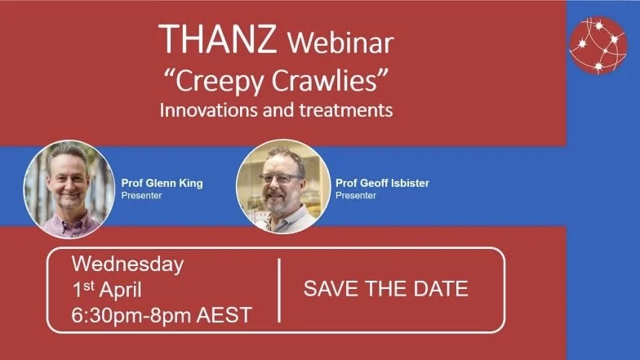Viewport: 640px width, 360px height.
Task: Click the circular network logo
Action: coord(598,46)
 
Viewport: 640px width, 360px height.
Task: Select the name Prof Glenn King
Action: coord(162,183)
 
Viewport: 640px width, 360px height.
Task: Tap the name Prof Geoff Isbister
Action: coord(382,183)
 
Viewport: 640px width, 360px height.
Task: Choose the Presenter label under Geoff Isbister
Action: coord(356,195)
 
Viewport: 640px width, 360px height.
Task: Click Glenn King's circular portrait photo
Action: coord(69,189)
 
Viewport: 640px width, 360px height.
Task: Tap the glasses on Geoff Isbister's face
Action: coord(281,177)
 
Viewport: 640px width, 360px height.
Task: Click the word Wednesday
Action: coord(127,264)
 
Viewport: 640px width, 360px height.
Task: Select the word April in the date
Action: coord(119,289)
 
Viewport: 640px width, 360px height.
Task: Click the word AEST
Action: coord(226,315)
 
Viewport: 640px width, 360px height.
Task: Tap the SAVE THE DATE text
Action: coord(386,288)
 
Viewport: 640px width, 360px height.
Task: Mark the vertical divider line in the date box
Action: coord(279,290)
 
